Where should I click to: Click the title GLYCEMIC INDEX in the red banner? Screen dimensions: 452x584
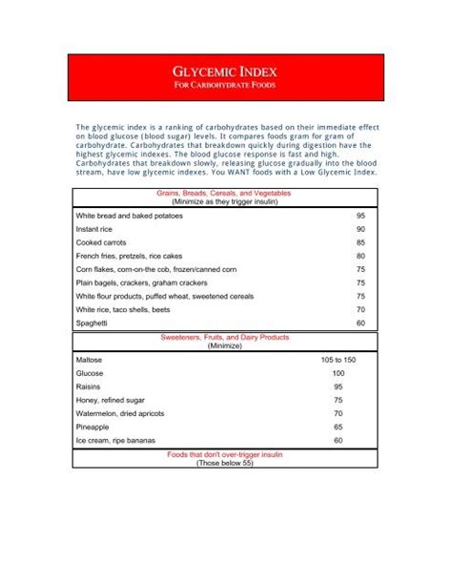[x=225, y=72]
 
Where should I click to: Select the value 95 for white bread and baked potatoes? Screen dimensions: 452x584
[x=360, y=217]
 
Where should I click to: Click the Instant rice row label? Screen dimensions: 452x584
[x=97, y=230]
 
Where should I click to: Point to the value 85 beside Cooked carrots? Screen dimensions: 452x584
[x=360, y=243]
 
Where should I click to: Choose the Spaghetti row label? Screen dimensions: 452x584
[x=93, y=323]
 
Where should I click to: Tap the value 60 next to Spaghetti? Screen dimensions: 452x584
[x=360, y=323]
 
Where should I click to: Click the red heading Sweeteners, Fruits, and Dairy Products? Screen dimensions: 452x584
[x=226, y=338]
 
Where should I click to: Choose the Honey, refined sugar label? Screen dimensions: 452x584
[x=113, y=402]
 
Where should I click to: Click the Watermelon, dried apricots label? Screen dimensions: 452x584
[x=125, y=415]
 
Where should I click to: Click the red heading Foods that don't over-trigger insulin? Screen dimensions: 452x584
[x=226, y=456]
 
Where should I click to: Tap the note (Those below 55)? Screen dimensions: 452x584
[x=226, y=464]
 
